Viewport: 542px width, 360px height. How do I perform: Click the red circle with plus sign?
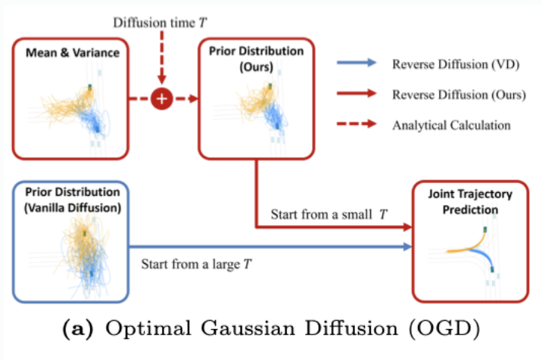point(160,99)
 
